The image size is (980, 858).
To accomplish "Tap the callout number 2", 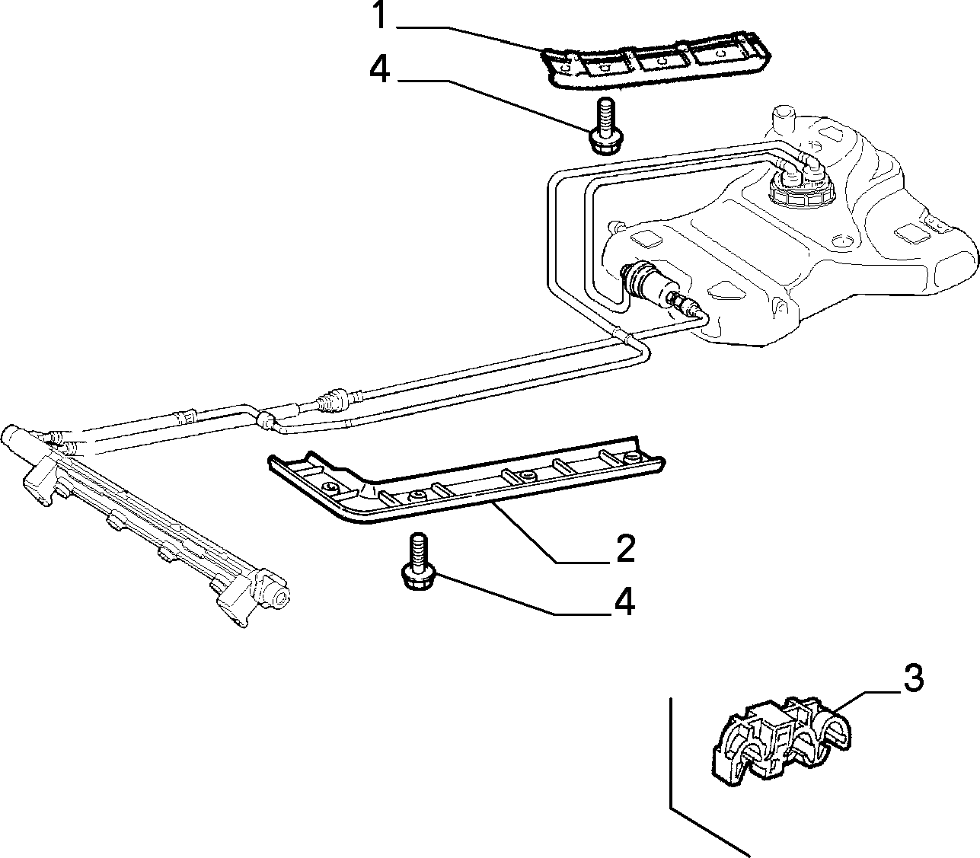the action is coord(625,548).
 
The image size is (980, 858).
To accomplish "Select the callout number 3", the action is coord(913,678).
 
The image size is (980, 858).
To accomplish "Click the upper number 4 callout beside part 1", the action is coord(380,69).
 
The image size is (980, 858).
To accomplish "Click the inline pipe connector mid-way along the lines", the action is coord(335,400).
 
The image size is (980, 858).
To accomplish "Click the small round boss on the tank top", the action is coord(841,241).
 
